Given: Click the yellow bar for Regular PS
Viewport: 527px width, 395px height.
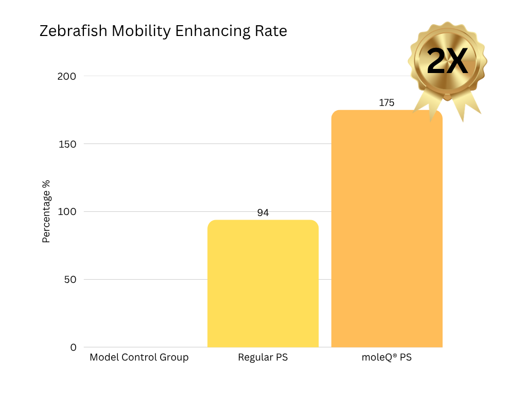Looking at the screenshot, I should tap(263, 283).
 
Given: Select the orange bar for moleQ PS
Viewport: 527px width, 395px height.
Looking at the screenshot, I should tap(387, 229).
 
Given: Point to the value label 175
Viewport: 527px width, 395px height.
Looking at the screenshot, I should tap(387, 103).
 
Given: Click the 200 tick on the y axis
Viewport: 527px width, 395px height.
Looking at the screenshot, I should tap(66, 76).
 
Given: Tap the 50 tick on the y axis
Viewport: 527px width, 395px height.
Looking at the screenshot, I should tap(69, 280).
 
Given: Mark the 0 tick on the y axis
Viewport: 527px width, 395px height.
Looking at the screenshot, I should tap(73, 348).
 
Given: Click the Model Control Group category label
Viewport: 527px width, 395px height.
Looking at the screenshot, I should tap(139, 357).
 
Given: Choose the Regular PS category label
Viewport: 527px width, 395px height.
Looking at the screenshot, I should tap(262, 357).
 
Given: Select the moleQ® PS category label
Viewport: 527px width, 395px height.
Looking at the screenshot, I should tap(387, 357).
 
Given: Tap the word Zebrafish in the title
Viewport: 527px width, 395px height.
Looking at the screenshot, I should tap(74, 31).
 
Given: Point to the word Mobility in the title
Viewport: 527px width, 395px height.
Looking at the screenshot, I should tap(141, 31).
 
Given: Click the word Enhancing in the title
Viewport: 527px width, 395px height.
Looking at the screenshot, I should tap(213, 31).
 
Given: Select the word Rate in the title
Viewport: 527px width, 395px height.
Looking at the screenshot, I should tap(271, 31).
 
